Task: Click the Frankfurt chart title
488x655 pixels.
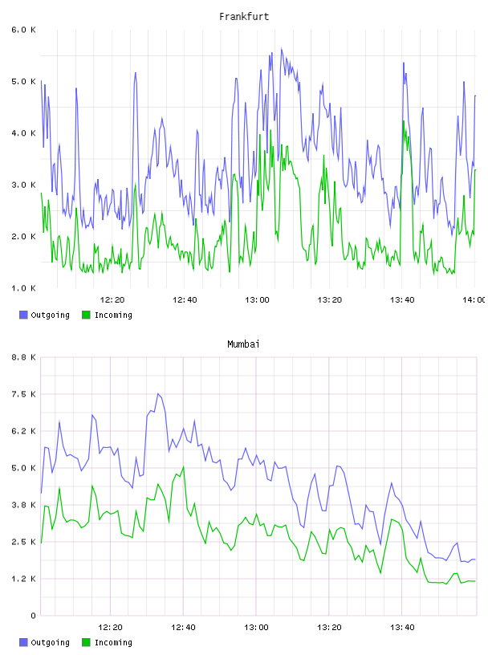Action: click(244, 17)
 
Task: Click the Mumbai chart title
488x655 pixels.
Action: click(243, 344)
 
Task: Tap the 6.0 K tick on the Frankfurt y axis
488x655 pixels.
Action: click(23, 30)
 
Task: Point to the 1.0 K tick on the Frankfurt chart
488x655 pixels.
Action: click(23, 288)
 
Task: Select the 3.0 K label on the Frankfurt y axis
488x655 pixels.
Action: click(23, 185)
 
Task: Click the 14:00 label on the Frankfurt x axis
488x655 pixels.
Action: click(474, 300)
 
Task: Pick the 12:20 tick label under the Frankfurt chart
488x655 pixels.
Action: click(112, 300)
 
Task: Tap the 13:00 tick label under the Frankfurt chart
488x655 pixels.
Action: click(257, 300)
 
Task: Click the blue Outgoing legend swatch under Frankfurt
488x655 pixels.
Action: click(23, 315)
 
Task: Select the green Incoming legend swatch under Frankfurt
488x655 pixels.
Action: click(86, 315)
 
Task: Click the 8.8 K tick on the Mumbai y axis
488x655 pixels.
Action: click(23, 357)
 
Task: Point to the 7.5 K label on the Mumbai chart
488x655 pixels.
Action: click(23, 394)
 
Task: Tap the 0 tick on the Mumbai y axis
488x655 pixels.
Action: click(33, 616)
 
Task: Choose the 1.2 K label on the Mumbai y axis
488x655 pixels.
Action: click(23, 579)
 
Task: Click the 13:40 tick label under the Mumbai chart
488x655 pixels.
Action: click(402, 628)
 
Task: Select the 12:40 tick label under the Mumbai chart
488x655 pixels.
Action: click(183, 628)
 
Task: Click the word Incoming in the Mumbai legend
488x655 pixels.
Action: click(113, 642)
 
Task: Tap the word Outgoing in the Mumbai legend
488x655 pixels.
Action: click(50, 642)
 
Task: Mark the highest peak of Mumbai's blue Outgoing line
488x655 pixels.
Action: click(158, 393)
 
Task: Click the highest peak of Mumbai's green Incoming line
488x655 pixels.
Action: click(183, 466)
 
